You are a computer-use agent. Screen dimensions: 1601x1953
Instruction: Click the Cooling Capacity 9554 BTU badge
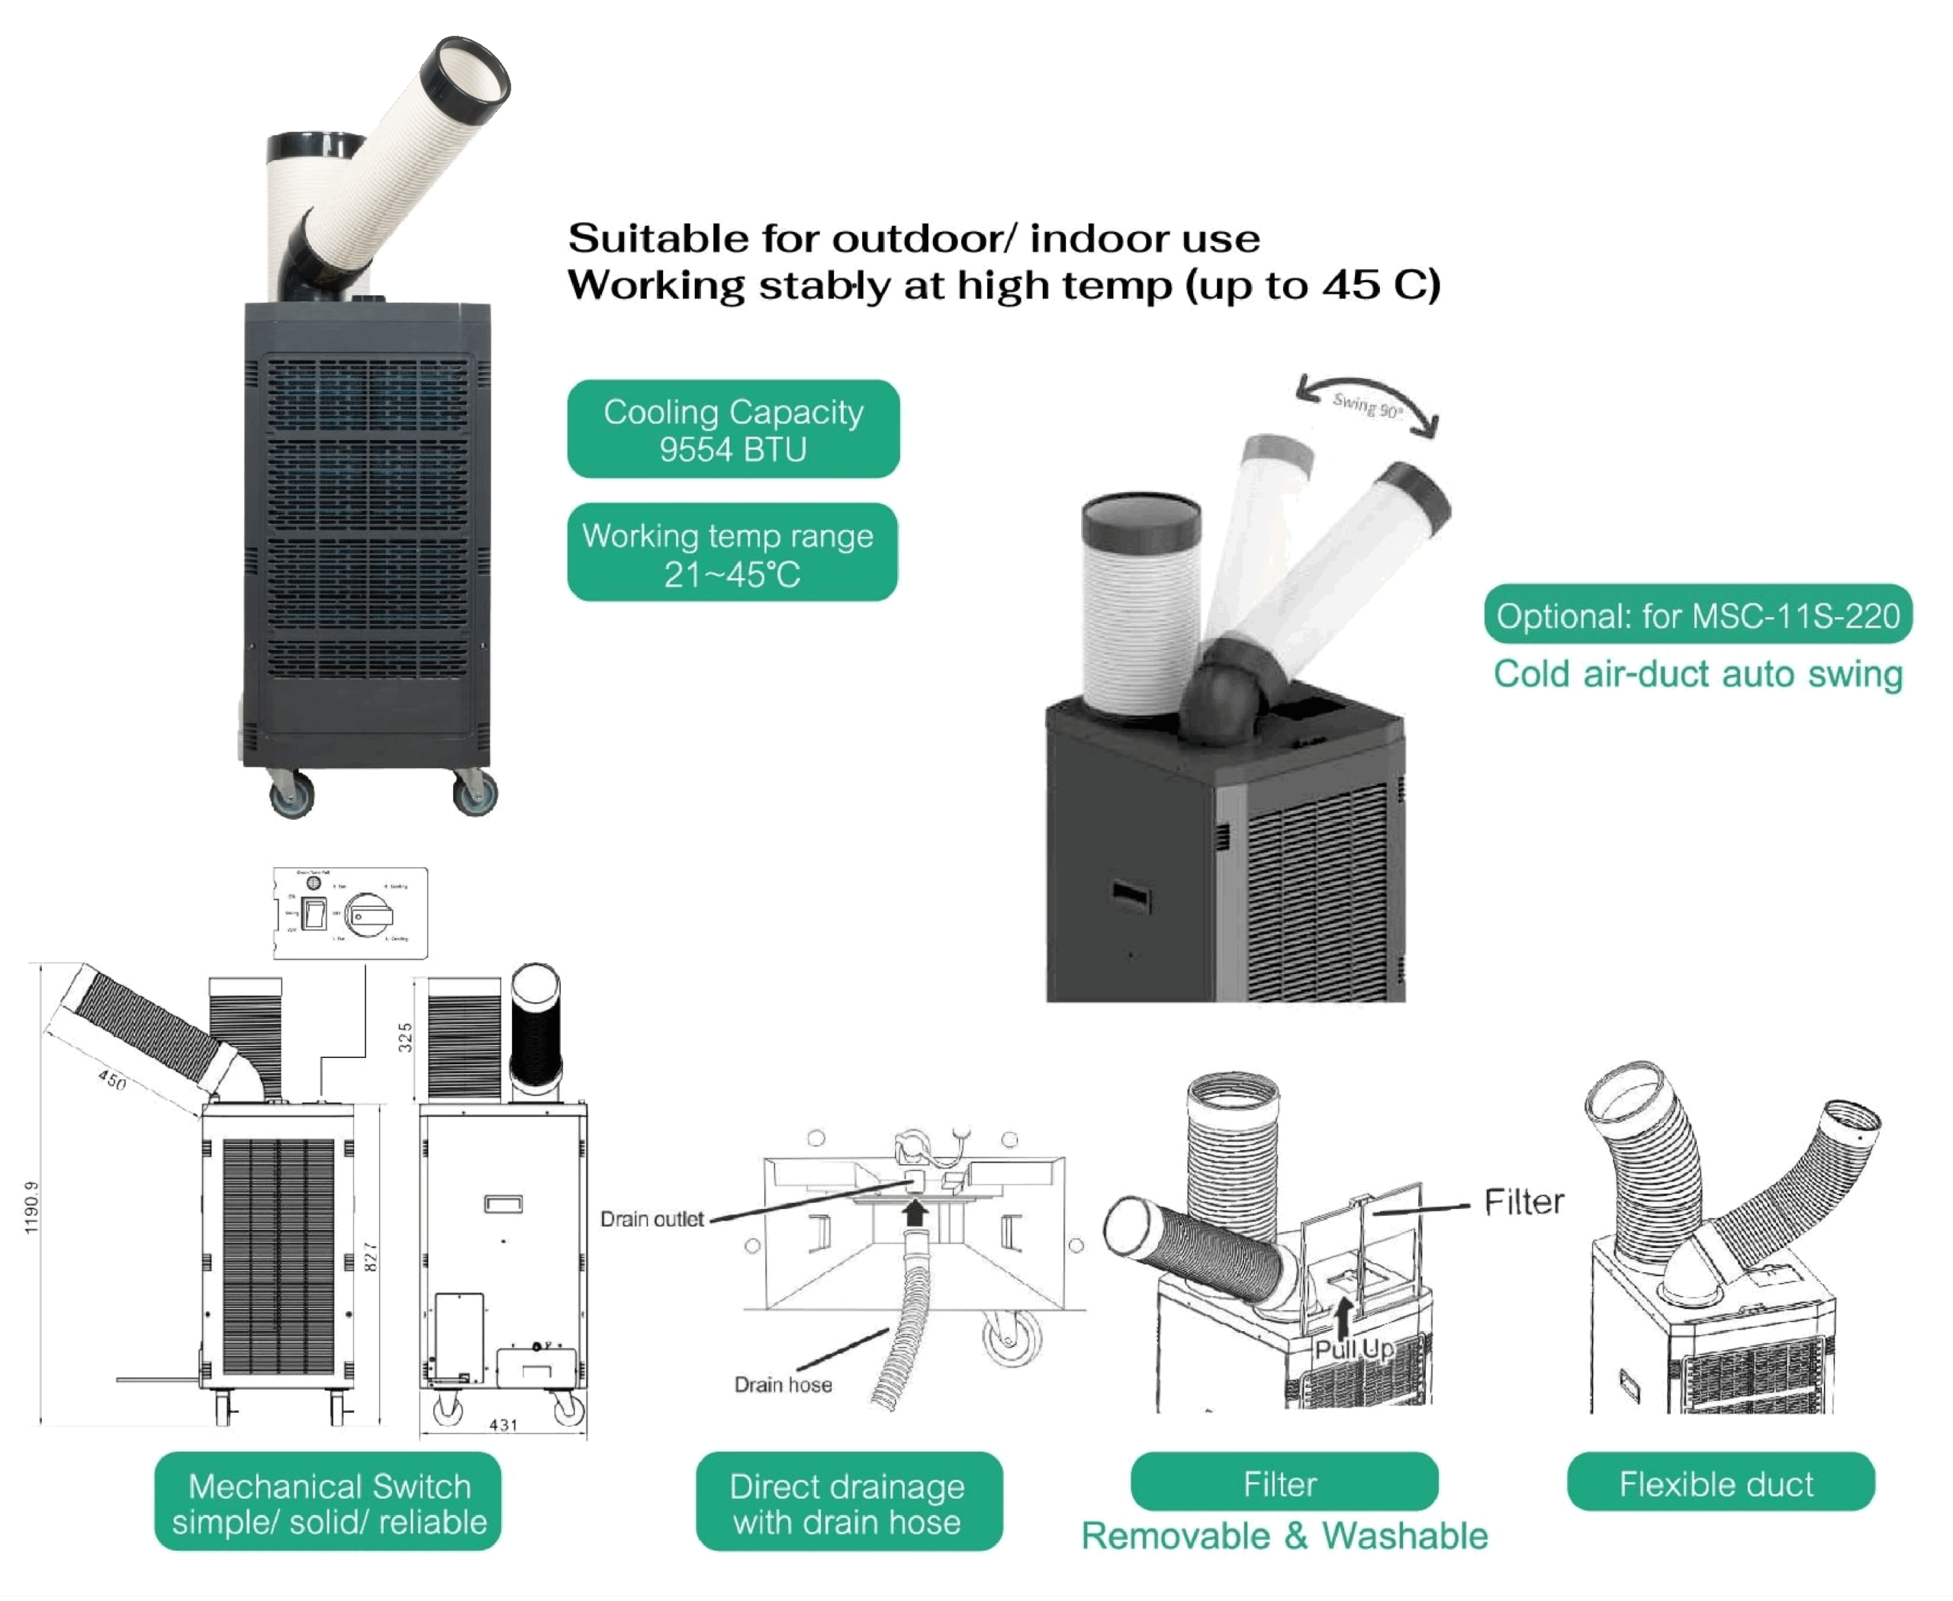732,429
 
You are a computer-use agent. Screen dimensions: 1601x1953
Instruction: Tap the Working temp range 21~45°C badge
732,552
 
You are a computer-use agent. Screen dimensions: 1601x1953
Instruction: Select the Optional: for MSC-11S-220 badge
1697,614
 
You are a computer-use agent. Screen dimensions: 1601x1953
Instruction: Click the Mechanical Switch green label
327,1501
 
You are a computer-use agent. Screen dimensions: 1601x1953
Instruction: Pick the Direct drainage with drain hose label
848,1501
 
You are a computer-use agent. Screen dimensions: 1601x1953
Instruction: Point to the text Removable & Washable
1284,1535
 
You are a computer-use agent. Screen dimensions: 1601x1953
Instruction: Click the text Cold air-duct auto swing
1697,674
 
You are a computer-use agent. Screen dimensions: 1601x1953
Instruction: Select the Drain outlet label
652,1219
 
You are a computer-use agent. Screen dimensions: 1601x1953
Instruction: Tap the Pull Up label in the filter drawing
1354,1349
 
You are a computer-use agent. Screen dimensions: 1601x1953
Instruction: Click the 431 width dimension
503,1425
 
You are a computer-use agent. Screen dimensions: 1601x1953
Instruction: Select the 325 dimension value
404,1037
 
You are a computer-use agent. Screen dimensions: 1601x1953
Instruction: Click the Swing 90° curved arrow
1366,402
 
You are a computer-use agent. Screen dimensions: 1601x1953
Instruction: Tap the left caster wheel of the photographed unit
291,794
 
